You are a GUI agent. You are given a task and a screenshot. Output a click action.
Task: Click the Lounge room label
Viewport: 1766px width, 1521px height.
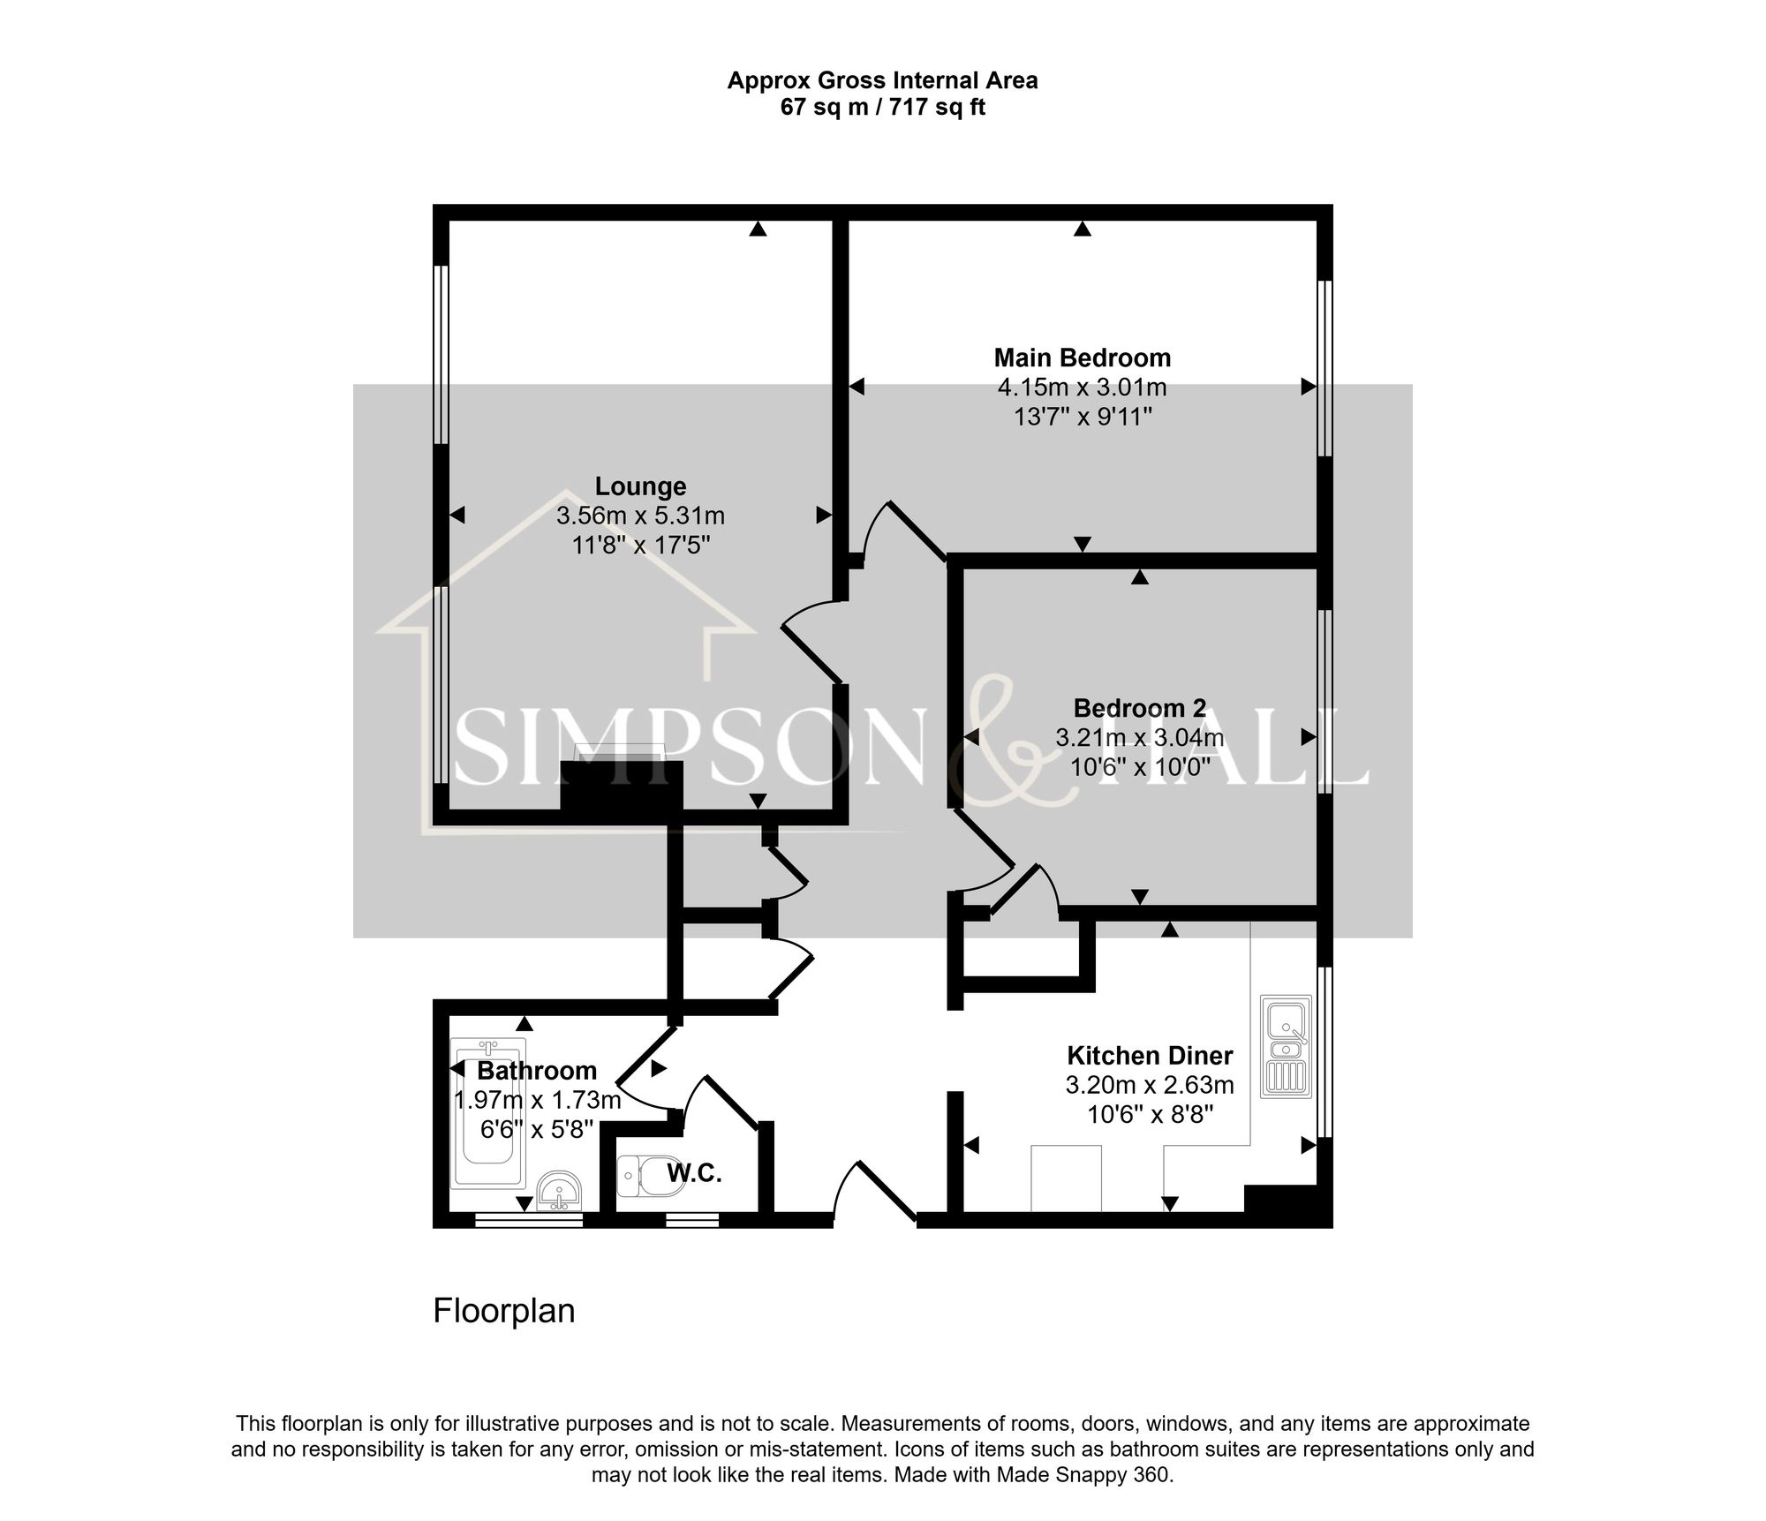click(x=640, y=486)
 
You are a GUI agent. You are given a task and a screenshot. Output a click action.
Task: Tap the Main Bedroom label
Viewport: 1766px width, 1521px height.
click(x=1082, y=358)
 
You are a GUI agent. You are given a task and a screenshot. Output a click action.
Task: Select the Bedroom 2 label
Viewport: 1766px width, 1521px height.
click(x=1139, y=708)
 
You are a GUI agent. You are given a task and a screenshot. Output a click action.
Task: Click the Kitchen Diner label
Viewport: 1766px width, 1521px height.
click(x=1149, y=1056)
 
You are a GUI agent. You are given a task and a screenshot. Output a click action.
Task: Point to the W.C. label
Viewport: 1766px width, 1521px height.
click(x=694, y=1173)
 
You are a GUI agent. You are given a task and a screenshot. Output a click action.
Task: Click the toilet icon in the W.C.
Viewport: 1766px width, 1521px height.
click(x=651, y=1175)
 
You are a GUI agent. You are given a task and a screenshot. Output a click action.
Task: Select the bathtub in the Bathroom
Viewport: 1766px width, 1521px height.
click(x=488, y=1112)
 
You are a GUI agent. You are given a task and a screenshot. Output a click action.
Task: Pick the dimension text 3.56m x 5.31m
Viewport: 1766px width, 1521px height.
click(x=640, y=516)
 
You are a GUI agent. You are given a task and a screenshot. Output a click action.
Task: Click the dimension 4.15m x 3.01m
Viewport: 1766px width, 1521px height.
click(x=1082, y=388)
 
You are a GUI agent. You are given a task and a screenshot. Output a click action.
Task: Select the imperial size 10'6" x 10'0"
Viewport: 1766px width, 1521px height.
click(x=1139, y=767)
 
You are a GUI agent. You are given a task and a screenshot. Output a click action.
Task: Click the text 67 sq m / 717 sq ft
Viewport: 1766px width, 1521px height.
click(x=882, y=108)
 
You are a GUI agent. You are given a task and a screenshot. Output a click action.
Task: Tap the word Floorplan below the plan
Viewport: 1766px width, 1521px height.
click(x=503, y=1311)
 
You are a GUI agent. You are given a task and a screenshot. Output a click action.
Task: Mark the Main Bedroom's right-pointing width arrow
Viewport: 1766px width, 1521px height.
click(x=1308, y=387)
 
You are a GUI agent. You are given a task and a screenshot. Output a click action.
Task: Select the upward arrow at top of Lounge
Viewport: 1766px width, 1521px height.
click(x=758, y=229)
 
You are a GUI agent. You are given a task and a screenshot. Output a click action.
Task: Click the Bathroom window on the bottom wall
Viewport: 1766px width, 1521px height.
click(x=529, y=1220)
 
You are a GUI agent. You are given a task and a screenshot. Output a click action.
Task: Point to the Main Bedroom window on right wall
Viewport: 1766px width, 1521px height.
click(x=1324, y=368)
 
